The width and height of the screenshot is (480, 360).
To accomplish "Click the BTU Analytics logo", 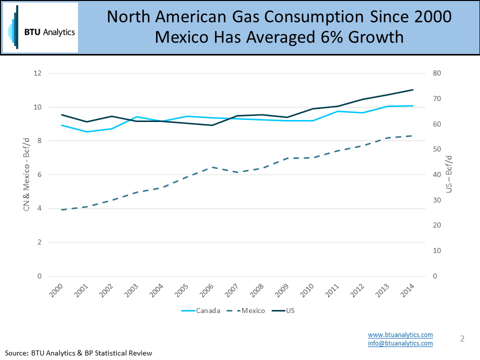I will pyautogui.click(x=40, y=28).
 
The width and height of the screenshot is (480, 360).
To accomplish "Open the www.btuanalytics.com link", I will pyautogui.click(x=400, y=334).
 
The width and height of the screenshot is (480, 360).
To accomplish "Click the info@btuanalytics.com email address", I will pyautogui.click(x=400, y=343).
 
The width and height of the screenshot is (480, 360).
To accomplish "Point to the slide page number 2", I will pyautogui.click(x=462, y=339).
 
